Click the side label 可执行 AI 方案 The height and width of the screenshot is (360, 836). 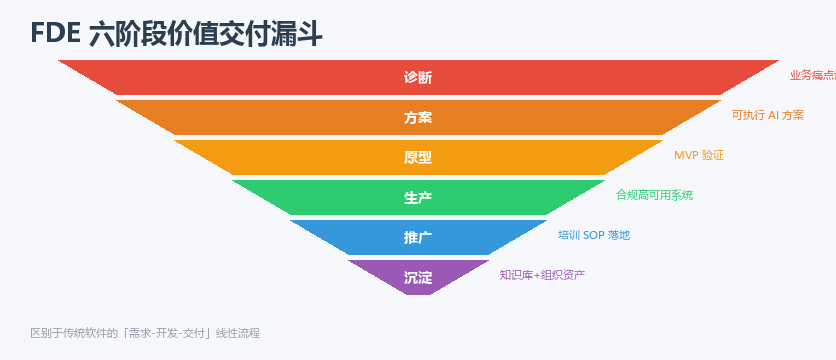point(768,115)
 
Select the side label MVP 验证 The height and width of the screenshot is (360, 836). point(699,155)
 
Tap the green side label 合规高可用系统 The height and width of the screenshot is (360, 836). point(655,195)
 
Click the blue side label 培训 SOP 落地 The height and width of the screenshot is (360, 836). point(594,235)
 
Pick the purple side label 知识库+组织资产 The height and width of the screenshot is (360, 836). point(542,275)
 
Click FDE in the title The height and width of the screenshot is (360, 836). point(56,34)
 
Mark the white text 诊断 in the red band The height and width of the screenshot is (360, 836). point(417,78)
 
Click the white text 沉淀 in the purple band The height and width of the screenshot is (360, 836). point(417,278)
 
